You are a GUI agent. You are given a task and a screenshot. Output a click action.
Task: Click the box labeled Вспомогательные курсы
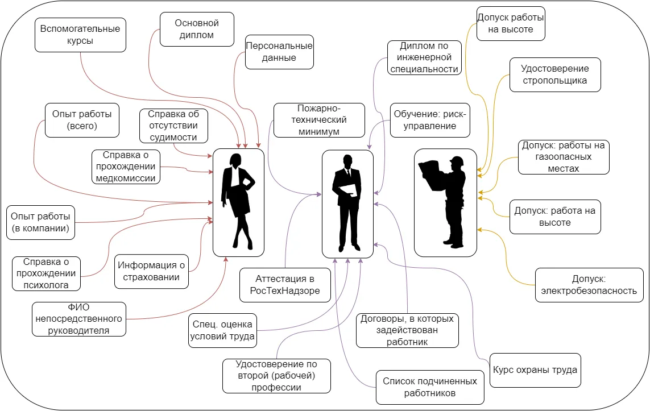point(80,35)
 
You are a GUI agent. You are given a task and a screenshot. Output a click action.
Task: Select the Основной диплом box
point(196,30)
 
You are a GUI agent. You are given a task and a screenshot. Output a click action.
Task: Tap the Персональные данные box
point(279,52)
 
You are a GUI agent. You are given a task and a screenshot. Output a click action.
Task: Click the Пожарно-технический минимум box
point(319,120)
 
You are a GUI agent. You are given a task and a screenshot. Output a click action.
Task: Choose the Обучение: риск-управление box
point(430,120)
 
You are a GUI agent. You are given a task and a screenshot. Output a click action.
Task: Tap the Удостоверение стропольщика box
point(554,74)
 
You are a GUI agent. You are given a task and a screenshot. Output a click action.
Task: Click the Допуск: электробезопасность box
point(589,285)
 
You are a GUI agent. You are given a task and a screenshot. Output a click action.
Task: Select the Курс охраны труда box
point(535,370)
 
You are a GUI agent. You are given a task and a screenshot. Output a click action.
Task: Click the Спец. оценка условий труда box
point(222,330)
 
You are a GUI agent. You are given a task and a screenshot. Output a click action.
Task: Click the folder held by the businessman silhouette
point(349,190)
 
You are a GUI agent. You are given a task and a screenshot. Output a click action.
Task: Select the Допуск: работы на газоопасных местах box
point(564,157)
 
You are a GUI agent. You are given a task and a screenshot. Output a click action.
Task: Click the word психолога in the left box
point(46,285)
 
